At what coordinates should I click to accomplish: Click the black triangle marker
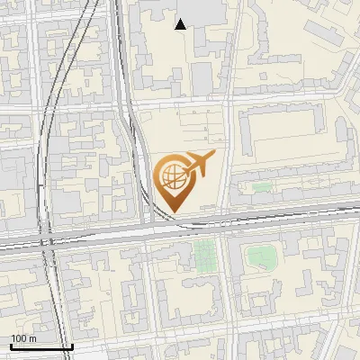point(181,24)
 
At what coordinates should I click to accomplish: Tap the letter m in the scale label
point(32,338)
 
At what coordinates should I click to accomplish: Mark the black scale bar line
point(41,347)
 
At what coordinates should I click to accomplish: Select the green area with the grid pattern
point(205,256)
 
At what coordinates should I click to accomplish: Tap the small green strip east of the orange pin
point(262,187)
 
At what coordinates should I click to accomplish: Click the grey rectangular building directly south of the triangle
point(201,79)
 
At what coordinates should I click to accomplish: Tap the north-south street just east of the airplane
point(226,162)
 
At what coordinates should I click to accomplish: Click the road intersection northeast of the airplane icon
point(229,106)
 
